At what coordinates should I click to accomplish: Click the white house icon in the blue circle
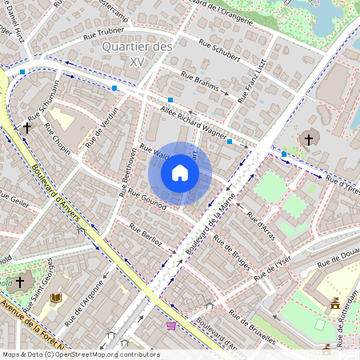click(180, 173)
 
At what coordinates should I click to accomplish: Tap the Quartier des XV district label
click(138, 54)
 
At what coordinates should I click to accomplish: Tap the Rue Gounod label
click(148, 200)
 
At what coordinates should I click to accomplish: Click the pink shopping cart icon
click(170, 326)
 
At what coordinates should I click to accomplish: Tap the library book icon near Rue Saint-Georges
click(56, 298)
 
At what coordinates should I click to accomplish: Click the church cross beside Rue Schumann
click(26, 126)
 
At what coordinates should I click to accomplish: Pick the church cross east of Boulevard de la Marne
click(308, 139)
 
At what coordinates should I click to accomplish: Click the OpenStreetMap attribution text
click(80, 354)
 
